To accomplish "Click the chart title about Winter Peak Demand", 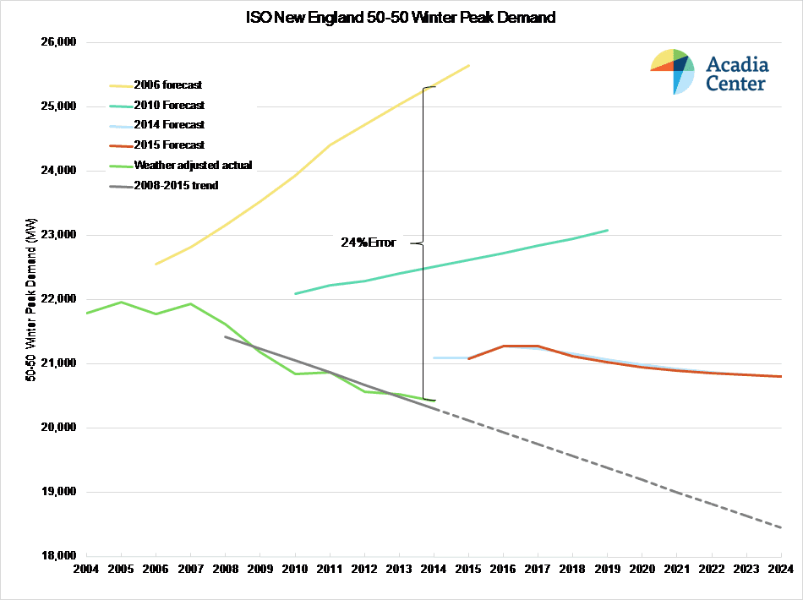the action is click(401, 18).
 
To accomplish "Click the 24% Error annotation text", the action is click(369, 243).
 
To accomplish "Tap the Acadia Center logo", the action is click(710, 72).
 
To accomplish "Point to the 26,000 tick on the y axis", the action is click(58, 41).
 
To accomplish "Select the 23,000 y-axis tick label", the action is click(58, 234).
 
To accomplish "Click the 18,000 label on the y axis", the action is click(58, 555).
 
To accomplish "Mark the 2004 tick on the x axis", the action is click(86, 569).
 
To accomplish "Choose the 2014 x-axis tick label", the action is click(434, 569).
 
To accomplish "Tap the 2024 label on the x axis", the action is click(781, 569).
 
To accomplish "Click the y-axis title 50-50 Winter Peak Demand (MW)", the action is click(30, 300).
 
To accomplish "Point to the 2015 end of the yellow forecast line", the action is click(468, 66).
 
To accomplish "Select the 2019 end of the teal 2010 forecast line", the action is click(608, 231).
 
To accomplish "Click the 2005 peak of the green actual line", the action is click(121, 302).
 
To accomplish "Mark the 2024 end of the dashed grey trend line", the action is click(781, 527).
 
